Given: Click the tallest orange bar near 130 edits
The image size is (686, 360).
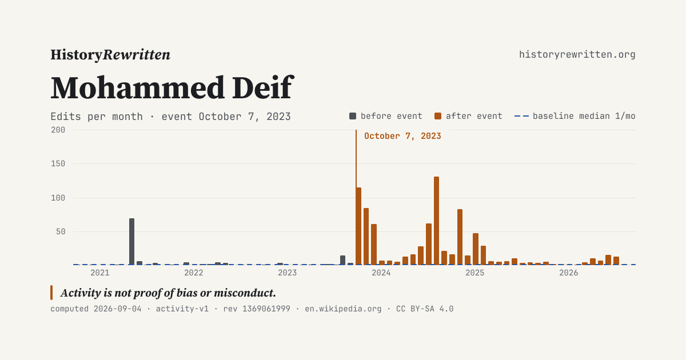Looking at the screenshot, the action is point(436,221).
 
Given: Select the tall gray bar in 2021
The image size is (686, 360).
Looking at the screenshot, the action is point(131,241).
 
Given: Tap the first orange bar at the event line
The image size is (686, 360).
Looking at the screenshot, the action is point(358,226).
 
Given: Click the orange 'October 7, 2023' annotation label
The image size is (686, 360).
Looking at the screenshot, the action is point(402,136).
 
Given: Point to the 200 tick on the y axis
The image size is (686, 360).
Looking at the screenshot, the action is point(58,130).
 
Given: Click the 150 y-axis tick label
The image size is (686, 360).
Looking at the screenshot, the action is point(58,164).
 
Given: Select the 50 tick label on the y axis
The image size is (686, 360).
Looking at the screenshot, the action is point(61,232).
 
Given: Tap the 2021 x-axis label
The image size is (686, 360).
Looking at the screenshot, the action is point(100,273).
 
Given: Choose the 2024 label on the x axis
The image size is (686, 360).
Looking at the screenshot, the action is point(381,273).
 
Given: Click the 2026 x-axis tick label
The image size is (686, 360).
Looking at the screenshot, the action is point(568,273).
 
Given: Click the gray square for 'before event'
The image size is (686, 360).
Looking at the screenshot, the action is point(353,116).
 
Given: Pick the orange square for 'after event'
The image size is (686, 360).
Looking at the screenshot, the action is point(438,116).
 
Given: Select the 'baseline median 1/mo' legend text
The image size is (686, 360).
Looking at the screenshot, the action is point(584,116).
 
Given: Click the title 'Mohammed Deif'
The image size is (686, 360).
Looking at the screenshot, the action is point(172,87).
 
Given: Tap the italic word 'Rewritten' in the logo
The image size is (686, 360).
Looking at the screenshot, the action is point(136,55).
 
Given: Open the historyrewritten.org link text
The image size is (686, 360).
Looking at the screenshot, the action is point(577,54).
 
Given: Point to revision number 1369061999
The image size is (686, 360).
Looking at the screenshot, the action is point(266,309).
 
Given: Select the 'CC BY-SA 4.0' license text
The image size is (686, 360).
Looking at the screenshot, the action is point(425,309).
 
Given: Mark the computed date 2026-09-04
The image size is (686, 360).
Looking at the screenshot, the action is point(118,309).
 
